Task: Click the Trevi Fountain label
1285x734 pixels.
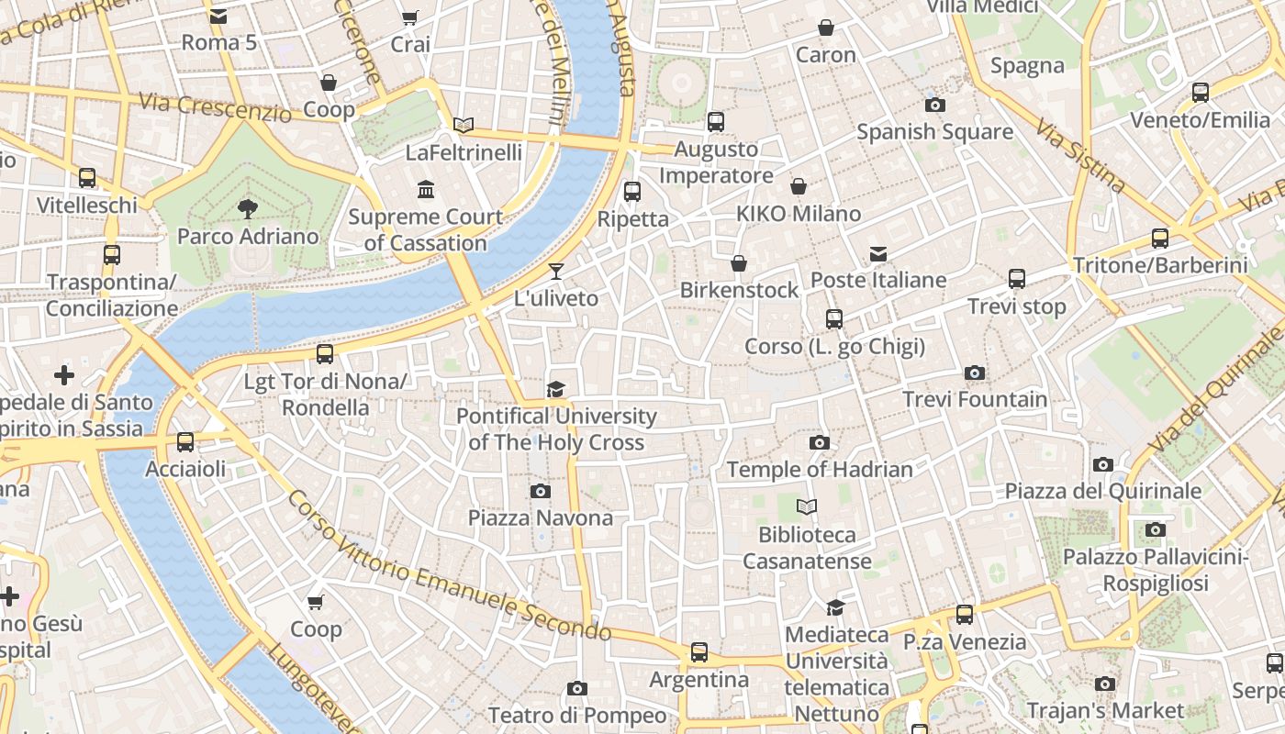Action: (x=975, y=399)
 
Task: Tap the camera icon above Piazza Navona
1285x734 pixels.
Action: (x=541, y=491)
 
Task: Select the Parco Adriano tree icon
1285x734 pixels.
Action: (x=247, y=209)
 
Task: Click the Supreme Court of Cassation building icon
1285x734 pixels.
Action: (x=426, y=190)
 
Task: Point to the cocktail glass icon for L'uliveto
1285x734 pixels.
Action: (x=555, y=271)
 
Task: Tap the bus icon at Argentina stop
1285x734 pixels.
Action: (x=699, y=652)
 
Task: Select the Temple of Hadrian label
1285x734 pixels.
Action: (x=820, y=469)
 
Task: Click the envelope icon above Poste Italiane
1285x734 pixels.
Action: (x=878, y=253)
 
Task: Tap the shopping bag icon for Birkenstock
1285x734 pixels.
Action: (x=739, y=264)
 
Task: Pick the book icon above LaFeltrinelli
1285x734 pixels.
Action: (x=464, y=125)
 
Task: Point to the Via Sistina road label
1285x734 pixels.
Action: (x=1080, y=156)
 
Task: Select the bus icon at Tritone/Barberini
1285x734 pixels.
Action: (x=1160, y=239)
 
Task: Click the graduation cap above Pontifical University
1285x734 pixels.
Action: (x=555, y=389)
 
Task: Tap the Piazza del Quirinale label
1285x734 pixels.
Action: (x=1102, y=491)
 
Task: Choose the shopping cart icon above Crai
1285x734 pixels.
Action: (x=410, y=18)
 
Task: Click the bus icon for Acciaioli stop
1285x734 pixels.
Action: (x=185, y=442)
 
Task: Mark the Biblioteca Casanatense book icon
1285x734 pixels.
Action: (x=807, y=506)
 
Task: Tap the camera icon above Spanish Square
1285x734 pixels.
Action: (x=935, y=105)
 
